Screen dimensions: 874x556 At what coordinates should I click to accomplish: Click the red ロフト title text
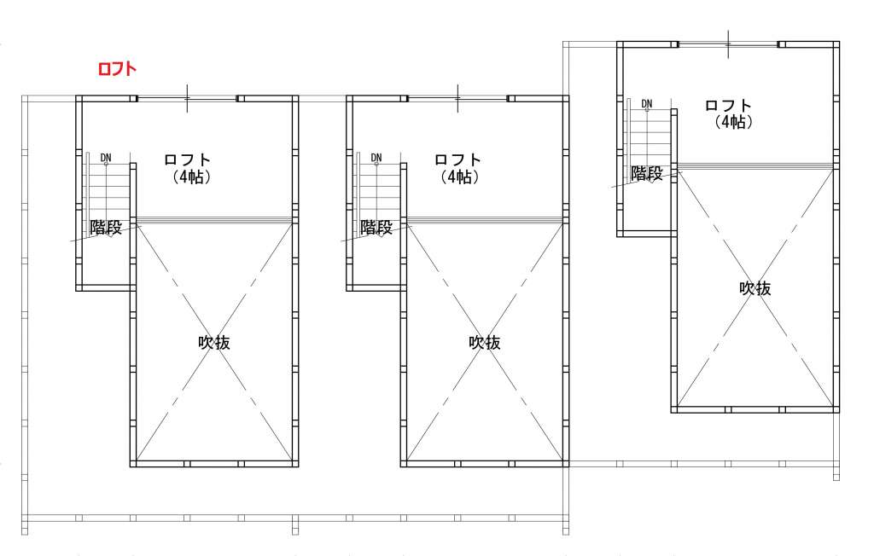pyautogui.click(x=117, y=68)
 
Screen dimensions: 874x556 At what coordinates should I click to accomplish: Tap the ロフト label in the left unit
pyautogui.click(x=187, y=159)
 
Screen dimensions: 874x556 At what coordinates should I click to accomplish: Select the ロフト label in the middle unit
pyautogui.click(x=457, y=159)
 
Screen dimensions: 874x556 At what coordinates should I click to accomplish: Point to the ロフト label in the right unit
pyautogui.click(x=729, y=105)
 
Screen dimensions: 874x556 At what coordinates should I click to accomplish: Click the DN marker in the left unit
pyautogui.click(x=106, y=159)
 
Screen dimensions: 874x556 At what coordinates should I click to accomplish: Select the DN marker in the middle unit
pyautogui.click(x=376, y=159)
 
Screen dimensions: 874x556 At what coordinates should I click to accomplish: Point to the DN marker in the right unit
pyautogui.click(x=647, y=104)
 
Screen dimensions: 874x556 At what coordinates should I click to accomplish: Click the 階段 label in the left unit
pyautogui.click(x=106, y=228)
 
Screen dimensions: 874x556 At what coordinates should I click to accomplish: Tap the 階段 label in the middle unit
pyautogui.click(x=376, y=228)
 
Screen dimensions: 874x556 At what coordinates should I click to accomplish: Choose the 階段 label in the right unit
pyautogui.click(x=647, y=173)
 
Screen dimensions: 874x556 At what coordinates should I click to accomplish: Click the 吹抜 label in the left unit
pyautogui.click(x=214, y=342)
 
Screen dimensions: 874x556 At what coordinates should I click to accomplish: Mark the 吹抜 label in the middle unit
pyautogui.click(x=485, y=342)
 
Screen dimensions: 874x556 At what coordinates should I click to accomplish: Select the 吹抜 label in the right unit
pyautogui.click(x=755, y=288)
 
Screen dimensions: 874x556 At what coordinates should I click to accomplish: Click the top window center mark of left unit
pyautogui.click(x=187, y=99)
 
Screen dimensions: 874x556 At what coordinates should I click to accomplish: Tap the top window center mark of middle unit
pyautogui.click(x=457, y=99)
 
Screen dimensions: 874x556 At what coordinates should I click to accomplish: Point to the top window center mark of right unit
pyautogui.click(x=728, y=44)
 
